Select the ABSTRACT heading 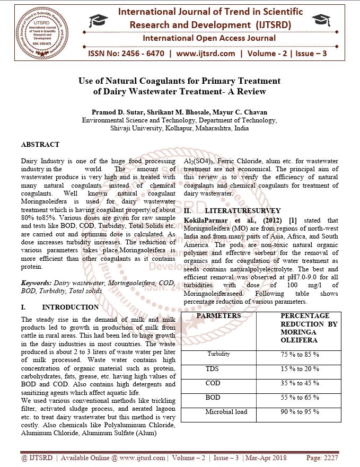[40, 144]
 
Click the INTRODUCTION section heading [70, 307]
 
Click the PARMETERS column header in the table [218, 316]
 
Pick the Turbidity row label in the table [218, 354]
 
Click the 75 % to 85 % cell [300, 354]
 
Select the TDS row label [212, 368]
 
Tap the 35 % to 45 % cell [300, 383]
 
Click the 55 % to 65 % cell [300, 398]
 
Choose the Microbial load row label [226, 412]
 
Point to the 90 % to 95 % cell [300, 412]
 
